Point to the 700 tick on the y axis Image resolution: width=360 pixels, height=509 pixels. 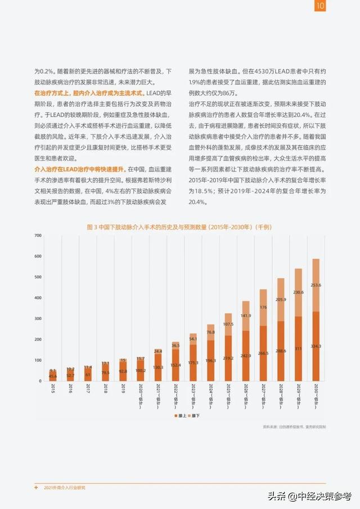coord(37,236)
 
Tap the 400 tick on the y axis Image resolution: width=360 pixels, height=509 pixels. coord(37,298)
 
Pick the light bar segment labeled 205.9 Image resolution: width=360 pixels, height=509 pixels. coord(280,300)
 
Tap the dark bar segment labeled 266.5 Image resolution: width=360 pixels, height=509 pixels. coord(263,353)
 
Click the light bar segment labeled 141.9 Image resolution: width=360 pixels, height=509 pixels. coord(245,316)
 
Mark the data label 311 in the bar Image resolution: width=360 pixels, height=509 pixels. coord(298,349)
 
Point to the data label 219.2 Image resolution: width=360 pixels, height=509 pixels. coord(228,358)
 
